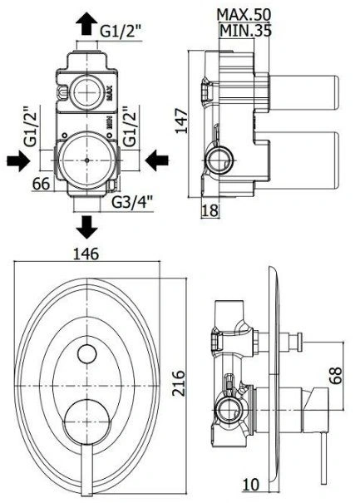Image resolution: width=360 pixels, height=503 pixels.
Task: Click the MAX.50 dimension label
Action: click(x=244, y=14)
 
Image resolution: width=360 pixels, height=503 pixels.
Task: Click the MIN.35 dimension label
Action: click(x=246, y=31)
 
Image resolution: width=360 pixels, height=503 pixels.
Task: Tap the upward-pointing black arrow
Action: click(x=86, y=24)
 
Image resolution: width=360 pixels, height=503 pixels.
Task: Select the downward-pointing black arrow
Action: click(x=86, y=227)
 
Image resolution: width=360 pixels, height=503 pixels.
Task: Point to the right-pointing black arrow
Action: click(x=18, y=160)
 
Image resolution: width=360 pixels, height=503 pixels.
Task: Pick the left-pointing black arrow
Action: click(x=157, y=160)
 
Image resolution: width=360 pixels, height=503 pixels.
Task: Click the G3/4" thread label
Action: click(x=131, y=202)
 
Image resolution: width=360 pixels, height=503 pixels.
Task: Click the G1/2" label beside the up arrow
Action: click(x=121, y=32)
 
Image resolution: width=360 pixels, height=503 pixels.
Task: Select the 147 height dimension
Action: click(x=181, y=121)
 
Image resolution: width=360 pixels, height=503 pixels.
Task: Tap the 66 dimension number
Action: click(x=42, y=184)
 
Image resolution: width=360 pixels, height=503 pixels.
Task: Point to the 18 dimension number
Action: click(x=210, y=210)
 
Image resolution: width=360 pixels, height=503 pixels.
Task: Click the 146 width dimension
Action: click(x=86, y=254)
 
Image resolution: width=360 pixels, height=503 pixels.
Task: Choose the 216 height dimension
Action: click(x=179, y=383)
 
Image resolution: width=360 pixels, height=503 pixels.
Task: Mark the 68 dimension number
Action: click(x=336, y=375)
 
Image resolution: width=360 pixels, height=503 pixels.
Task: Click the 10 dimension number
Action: click(x=250, y=485)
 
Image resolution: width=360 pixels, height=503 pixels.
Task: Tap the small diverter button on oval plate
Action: click(x=87, y=353)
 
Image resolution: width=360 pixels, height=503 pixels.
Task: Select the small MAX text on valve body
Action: click(x=110, y=93)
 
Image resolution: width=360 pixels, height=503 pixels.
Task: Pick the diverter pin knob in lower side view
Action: click(x=299, y=340)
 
